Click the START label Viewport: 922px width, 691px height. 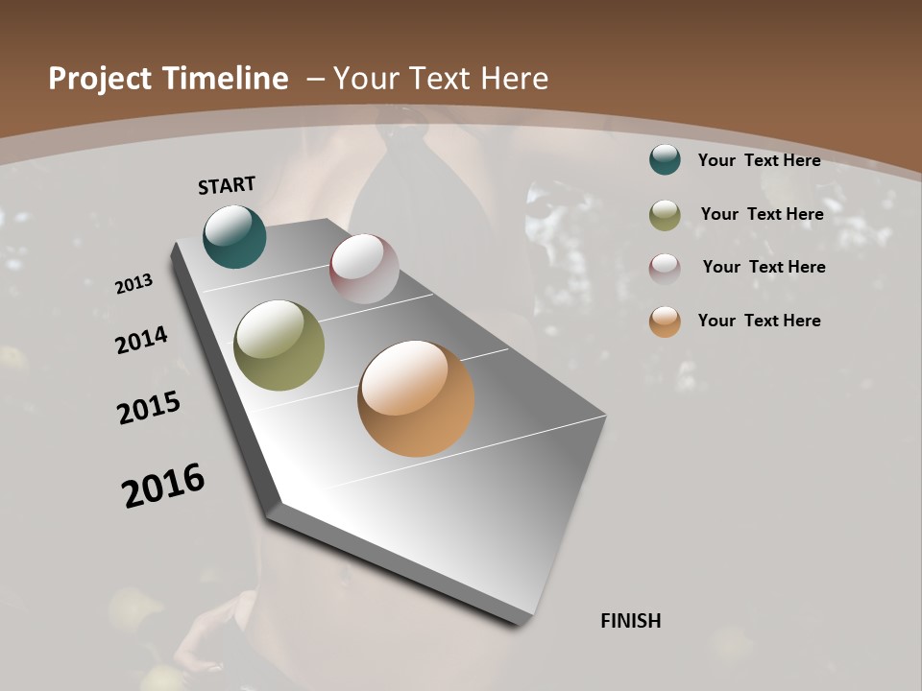(x=227, y=185)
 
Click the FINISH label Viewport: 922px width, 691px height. (x=630, y=621)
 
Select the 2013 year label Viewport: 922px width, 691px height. (x=133, y=284)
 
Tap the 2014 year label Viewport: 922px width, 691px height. (x=141, y=340)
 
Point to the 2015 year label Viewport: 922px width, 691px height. (x=149, y=407)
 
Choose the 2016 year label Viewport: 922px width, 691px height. (x=163, y=486)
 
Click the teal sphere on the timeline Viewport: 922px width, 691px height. (x=234, y=236)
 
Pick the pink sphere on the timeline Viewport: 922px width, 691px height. (x=364, y=269)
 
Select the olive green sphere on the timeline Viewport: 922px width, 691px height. (x=279, y=345)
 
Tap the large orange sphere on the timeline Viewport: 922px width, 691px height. (x=416, y=398)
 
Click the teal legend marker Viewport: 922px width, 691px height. (x=665, y=159)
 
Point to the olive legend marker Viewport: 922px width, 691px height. (x=665, y=215)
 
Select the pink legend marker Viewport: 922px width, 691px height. (x=665, y=268)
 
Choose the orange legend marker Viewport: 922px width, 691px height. (x=665, y=322)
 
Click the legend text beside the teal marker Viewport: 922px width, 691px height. (x=759, y=160)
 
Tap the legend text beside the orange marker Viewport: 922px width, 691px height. (x=759, y=321)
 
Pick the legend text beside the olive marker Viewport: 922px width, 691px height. (x=762, y=214)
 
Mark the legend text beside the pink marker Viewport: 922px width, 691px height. (x=764, y=267)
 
